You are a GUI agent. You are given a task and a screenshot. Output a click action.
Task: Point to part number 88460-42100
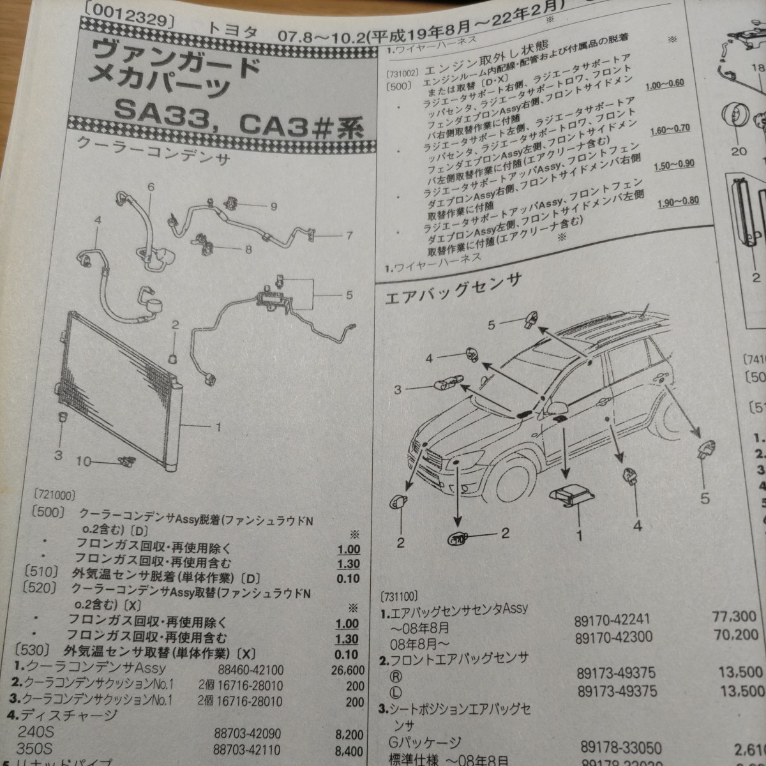248,670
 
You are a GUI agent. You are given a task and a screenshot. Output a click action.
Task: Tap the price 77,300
734,616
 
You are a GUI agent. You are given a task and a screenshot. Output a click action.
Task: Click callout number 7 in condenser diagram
349,236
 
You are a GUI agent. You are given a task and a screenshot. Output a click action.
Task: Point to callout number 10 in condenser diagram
84,462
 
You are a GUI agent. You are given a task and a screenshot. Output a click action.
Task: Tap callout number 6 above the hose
151,187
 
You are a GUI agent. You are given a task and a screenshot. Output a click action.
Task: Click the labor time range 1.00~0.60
665,84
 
